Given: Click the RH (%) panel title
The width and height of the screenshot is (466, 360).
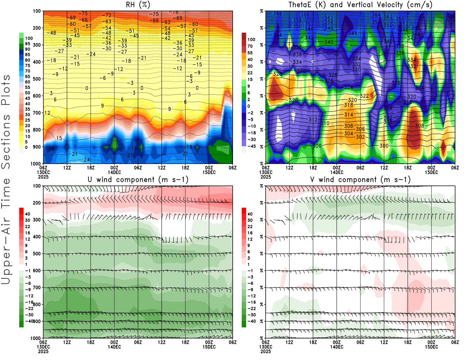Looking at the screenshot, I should (138, 5).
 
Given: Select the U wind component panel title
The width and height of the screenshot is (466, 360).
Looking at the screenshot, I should (138, 180).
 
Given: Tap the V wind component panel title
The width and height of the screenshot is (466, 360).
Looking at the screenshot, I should (360, 180).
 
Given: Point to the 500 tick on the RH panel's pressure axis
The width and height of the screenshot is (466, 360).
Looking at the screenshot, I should (37, 79).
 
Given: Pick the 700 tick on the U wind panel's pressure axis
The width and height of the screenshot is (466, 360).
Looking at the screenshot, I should (37, 287).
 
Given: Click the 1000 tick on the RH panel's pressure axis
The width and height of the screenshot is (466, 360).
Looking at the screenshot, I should (36, 164).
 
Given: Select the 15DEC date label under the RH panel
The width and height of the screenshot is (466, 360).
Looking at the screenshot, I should (209, 172).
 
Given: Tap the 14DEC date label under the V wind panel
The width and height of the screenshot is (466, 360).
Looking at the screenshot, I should (337, 347).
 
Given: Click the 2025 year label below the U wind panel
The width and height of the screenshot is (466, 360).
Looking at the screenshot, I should (43, 351).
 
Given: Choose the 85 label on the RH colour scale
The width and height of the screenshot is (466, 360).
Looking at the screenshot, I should (28, 55).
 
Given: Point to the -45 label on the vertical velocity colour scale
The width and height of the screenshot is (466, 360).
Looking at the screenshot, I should (251, 146).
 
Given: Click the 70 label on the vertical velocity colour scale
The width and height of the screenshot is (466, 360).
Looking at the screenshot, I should (250, 46).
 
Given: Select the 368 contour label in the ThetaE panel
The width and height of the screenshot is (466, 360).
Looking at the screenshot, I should (278, 13).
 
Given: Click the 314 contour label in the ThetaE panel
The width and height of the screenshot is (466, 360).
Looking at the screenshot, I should (349, 115).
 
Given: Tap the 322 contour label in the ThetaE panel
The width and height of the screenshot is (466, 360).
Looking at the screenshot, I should (365, 96).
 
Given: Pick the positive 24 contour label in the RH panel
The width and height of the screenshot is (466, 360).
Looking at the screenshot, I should (87, 160).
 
